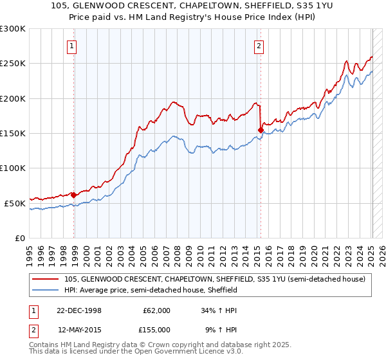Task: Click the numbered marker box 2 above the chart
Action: pyautogui.click(x=258, y=46)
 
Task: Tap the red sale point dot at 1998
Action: pyautogui.click(x=74, y=195)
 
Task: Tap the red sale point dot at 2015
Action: pyautogui.click(x=261, y=130)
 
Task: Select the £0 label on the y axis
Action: pyautogui.click(x=19, y=237)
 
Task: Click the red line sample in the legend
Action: pyautogui.click(x=46, y=279)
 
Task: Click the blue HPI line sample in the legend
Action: pyautogui.click(x=46, y=290)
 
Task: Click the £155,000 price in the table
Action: pyautogui.click(x=156, y=329)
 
